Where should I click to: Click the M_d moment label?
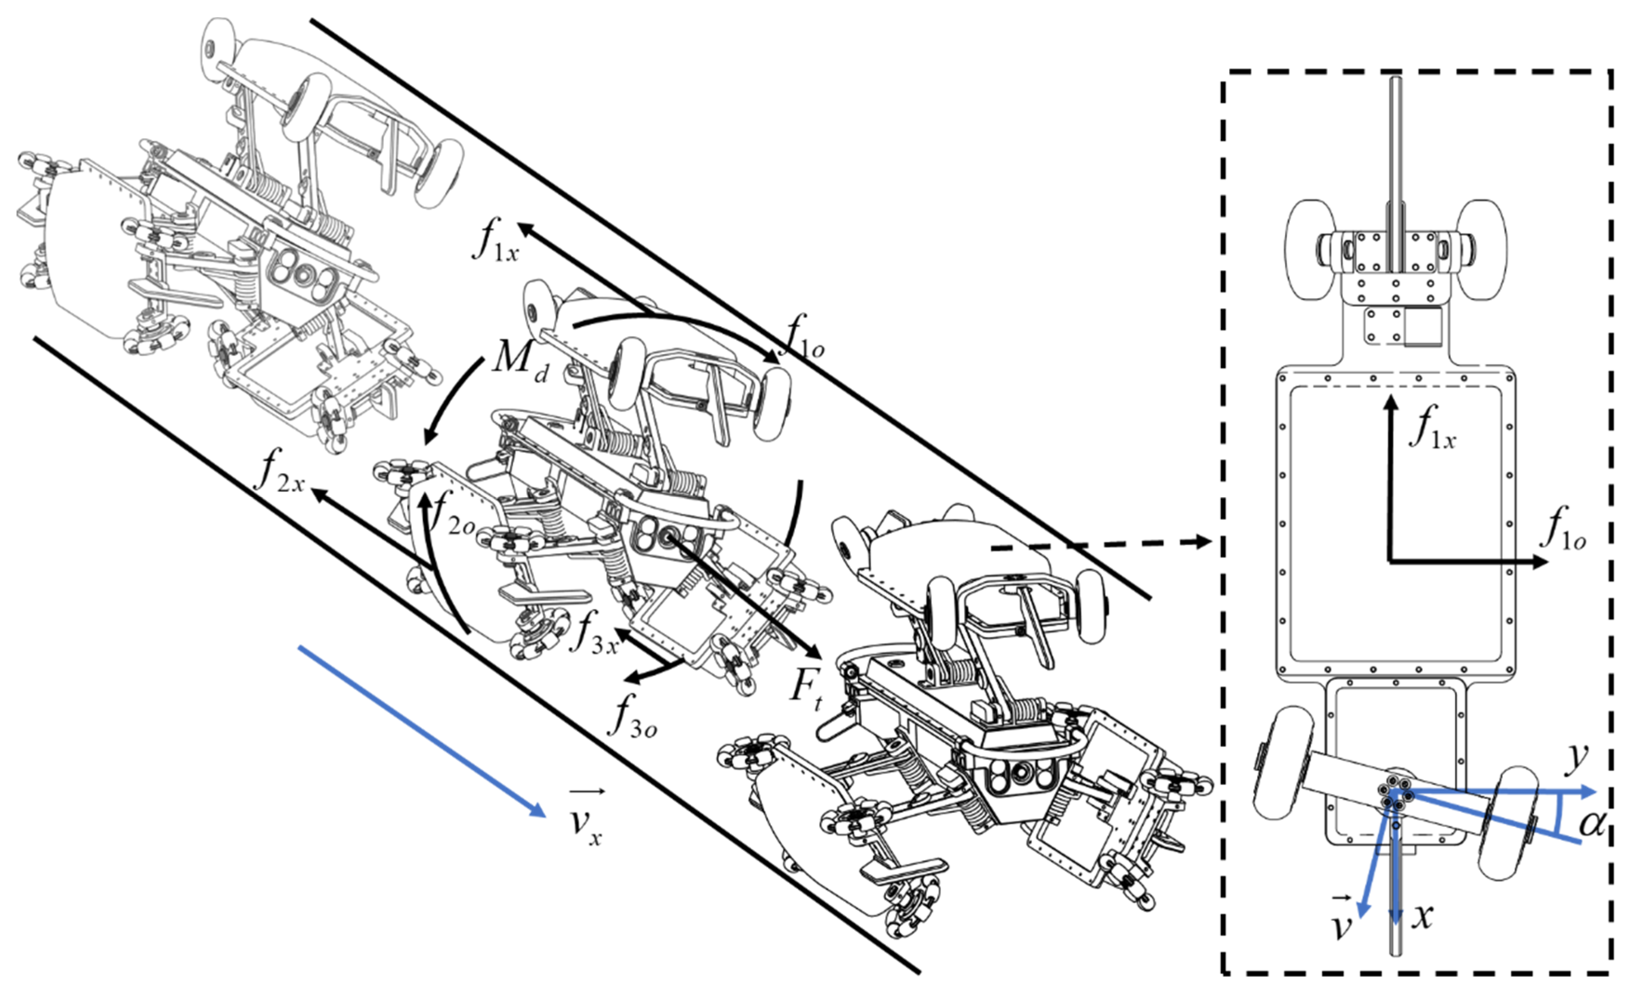(x=519, y=362)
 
